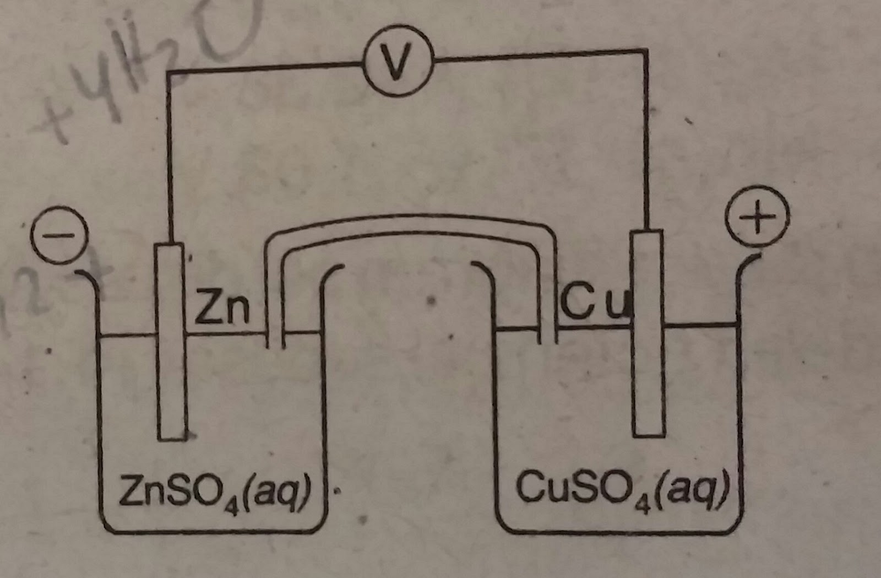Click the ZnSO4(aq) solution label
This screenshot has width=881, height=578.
click(x=215, y=490)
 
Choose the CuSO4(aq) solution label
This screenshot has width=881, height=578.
click(x=622, y=487)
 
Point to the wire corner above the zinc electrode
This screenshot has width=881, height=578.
click(x=169, y=74)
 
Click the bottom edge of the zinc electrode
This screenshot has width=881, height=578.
click(x=171, y=439)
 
